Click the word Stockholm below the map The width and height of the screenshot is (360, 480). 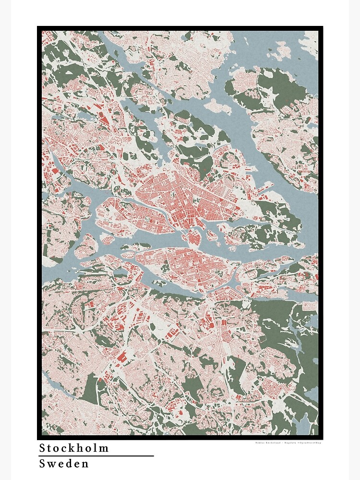[x=74, y=448]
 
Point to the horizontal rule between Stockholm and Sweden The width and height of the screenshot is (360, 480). [x=96, y=456]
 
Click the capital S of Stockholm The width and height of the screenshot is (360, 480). [x=42, y=448]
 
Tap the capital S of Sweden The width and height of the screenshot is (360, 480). [x=42, y=464]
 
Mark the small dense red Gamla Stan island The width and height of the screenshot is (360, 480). [x=192, y=237]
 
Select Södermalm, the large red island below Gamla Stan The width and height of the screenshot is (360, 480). [x=192, y=264]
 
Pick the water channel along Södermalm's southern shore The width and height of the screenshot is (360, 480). [x=182, y=288]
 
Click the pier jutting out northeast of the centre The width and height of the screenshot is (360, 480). [x=262, y=190]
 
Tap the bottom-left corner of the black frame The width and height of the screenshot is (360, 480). [x=39, y=437]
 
